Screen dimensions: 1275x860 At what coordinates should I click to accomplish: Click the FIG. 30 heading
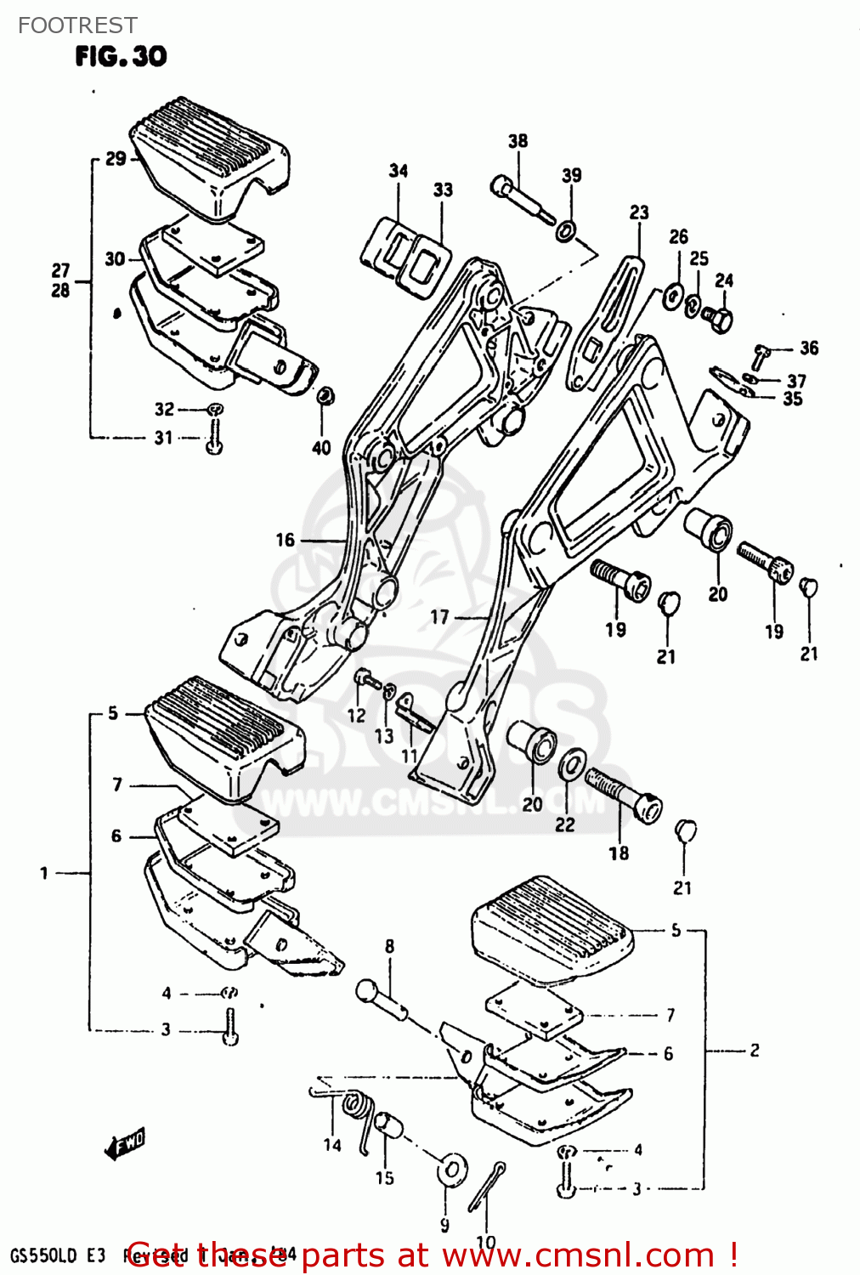click(122, 56)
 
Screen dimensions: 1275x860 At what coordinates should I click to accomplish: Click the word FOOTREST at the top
click(76, 25)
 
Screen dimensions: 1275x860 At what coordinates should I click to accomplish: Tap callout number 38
click(518, 141)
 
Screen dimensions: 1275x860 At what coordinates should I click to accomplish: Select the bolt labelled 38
click(521, 197)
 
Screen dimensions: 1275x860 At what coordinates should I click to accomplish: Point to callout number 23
click(638, 212)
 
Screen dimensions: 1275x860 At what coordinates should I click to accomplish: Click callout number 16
click(285, 540)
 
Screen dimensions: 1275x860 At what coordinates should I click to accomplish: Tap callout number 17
click(439, 617)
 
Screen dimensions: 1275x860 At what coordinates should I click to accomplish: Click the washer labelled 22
click(571, 764)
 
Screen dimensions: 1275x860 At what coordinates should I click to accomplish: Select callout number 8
click(389, 946)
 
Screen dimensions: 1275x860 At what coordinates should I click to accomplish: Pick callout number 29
click(116, 159)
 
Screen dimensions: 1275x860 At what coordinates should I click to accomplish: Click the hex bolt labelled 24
click(718, 320)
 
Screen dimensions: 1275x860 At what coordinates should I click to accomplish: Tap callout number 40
click(321, 447)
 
